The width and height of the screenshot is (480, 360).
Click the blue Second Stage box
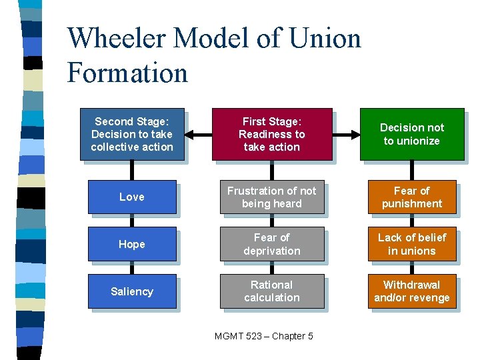click(131, 134)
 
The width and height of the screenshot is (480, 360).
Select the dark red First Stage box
click(272, 134)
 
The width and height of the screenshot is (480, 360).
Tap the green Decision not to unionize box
click(411, 134)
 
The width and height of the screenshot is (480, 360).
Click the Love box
click(131, 197)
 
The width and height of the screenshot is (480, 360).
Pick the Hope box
click(131, 244)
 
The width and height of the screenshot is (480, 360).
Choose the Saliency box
click(131, 291)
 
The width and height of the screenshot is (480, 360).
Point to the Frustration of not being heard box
click(272, 197)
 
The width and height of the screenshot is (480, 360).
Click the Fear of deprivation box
click(272, 244)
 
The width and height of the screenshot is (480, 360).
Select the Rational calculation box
click(272, 291)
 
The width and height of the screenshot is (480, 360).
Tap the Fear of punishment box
click(411, 197)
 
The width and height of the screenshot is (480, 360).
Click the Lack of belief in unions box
click(411, 244)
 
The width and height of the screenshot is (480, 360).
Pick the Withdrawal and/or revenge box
click(411, 291)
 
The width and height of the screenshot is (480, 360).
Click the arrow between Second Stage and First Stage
click(197, 134)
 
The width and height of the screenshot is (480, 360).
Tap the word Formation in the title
click(127, 72)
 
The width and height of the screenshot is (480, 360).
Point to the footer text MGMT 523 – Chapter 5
click(264, 336)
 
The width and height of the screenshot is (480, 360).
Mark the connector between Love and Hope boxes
click(131, 221)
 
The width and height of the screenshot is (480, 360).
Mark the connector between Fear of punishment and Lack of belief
click(411, 221)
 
